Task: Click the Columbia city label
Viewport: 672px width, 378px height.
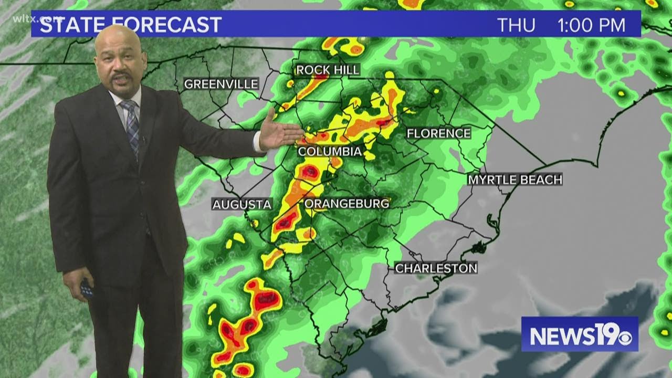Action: pos(330,152)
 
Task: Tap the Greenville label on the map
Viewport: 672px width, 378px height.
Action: pos(221,84)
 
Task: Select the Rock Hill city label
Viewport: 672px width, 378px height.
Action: pos(328,70)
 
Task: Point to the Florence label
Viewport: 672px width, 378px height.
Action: pos(438,133)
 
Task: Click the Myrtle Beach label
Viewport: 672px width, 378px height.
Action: pos(515,180)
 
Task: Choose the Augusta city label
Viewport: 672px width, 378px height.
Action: pos(241,205)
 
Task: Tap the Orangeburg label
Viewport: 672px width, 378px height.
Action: pos(347,204)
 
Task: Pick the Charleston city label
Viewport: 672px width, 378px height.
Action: pos(436,268)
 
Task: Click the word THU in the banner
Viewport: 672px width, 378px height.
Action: pos(516,25)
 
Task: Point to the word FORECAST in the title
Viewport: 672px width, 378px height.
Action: pos(167,25)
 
